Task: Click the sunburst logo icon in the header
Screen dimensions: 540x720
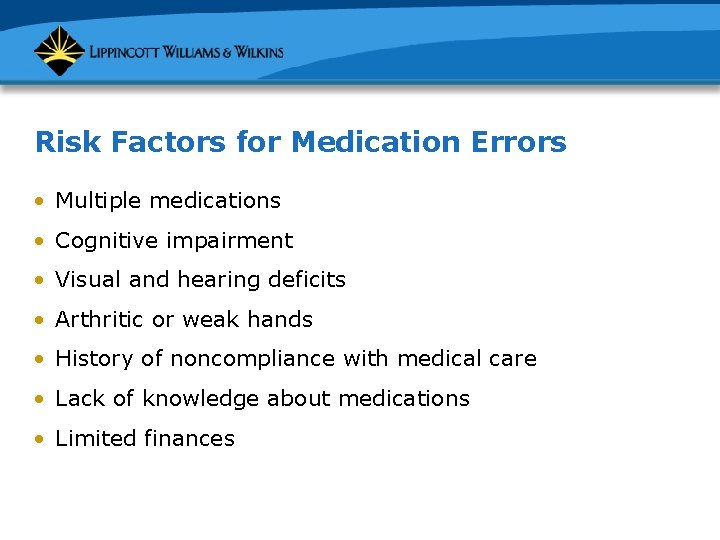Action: tap(59, 50)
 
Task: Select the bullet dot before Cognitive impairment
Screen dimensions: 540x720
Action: tap(39, 241)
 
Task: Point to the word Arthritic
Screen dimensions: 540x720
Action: tap(99, 320)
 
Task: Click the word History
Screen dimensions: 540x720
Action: tap(92, 359)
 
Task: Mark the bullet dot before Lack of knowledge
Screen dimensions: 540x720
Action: tap(39, 399)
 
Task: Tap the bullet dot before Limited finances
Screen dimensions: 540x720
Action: tap(39, 439)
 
